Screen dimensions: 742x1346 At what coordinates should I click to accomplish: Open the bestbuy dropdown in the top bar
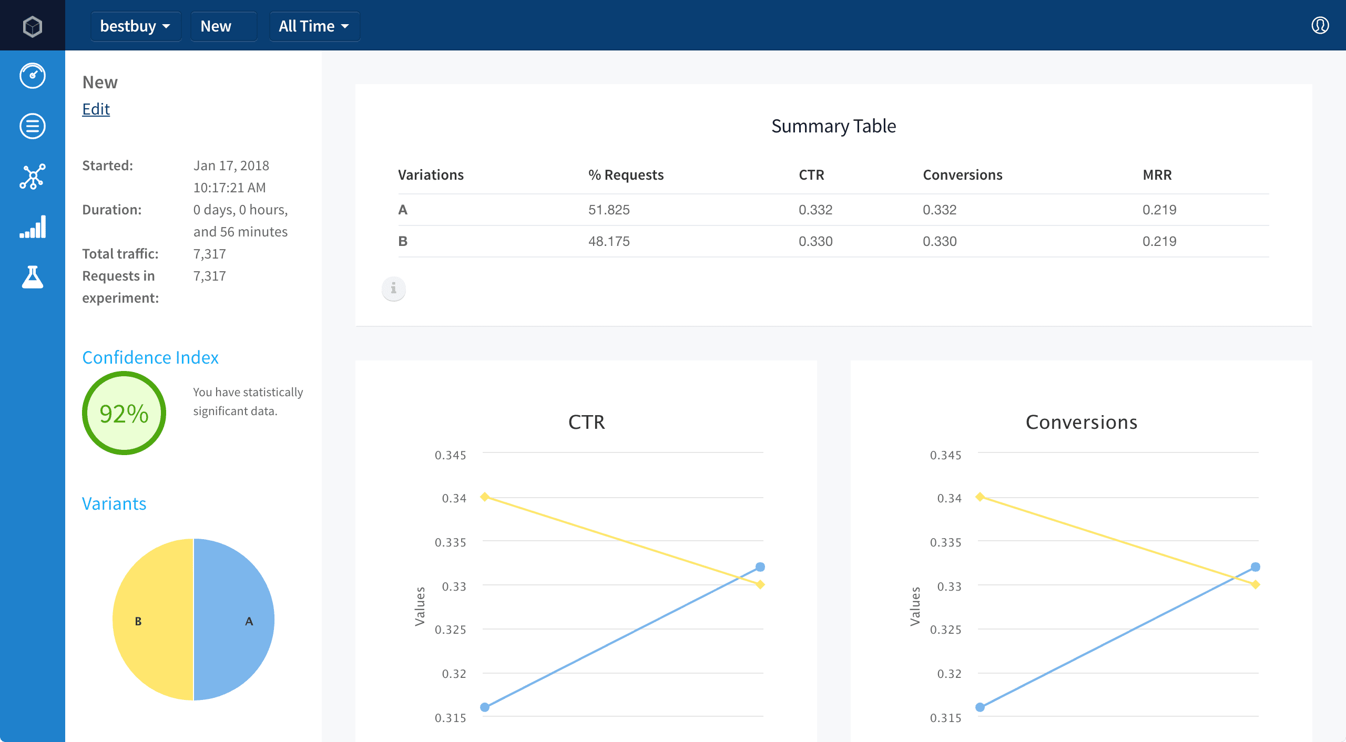pos(136,26)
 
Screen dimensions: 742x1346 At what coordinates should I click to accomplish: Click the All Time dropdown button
pos(314,26)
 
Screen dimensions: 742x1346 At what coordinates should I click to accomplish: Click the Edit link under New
pos(96,109)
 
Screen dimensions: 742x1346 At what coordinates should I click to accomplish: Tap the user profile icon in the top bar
pos(1320,25)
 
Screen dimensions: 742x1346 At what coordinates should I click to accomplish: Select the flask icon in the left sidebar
pos(33,277)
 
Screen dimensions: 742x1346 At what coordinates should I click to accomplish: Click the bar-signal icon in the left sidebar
pos(33,227)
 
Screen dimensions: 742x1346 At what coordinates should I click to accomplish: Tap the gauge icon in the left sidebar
pos(33,76)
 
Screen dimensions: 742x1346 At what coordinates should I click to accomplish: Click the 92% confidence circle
pos(124,413)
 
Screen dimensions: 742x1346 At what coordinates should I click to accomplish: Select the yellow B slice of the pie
pos(152,620)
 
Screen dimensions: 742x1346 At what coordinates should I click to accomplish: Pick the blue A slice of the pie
pos(234,620)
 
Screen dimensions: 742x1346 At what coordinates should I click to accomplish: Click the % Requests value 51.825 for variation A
pos(609,210)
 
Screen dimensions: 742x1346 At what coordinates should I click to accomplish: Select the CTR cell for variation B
pos(815,241)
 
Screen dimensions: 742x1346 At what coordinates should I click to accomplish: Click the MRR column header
pos(1157,175)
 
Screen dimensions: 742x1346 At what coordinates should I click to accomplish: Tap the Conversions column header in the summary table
pos(962,175)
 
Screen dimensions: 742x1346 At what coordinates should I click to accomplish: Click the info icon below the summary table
pos(393,288)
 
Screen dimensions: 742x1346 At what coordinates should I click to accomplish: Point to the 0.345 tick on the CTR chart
pos(450,455)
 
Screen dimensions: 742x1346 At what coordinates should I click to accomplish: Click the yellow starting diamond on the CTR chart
pos(485,497)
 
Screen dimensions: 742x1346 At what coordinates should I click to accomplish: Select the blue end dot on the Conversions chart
pos(1256,567)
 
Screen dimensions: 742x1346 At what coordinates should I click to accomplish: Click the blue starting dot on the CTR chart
pos(485,707)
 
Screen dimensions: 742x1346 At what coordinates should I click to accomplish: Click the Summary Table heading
pos(833,126)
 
